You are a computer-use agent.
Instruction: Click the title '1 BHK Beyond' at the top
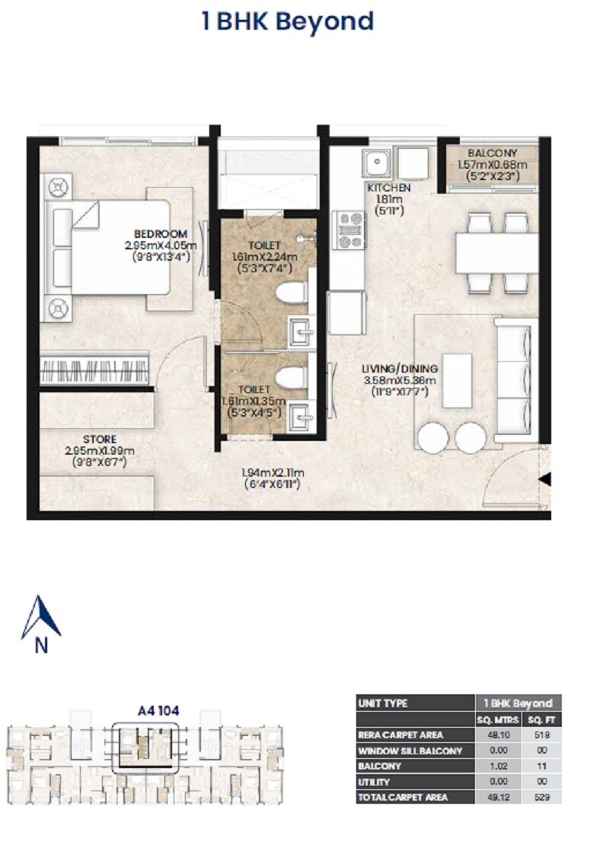pyautogui.click(x=287, y=21)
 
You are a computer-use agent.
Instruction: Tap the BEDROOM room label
pyautogui.click(x=160, y=233)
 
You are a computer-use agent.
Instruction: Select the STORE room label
pyautogui.click(x=100, y=439)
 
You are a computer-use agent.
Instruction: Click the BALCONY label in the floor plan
pyautogui.click(x=493, y=153)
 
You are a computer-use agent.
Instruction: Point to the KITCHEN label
pyautogui.click(x=389, y=188)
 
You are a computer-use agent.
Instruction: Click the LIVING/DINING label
pyautogui.click(x=399, y=370)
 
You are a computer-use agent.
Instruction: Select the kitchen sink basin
pyautogui.click(x=375, y=162)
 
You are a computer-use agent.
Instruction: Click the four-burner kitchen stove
pyautogui.click(x=351, y=230)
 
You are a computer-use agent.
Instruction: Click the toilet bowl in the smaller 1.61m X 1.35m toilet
pyautogui.click(x=288, y=377)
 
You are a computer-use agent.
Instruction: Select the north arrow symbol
pyautogui.click(x=40, y=617)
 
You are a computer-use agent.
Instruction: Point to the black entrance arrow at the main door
pyautogui.click(x=544, y=479)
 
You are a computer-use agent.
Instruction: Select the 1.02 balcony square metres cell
pyautogui.click(x=496, y=766)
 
